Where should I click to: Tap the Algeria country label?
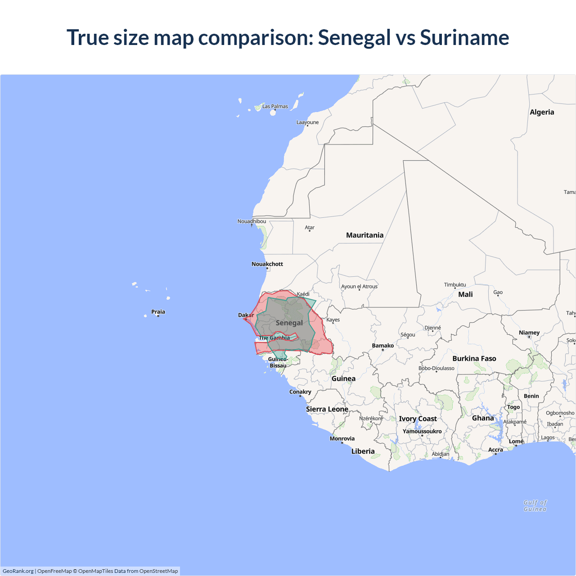coord(542,112)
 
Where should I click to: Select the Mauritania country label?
coord(364,235)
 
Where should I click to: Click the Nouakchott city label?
coord(267,264)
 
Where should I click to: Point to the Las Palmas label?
coord(275,107)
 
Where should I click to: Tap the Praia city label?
coord(158,312)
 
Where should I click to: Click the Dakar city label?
coord(246,315)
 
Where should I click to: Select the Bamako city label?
coord(382,346)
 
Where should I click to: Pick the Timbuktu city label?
coord(455,285)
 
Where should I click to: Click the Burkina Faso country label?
coord(474,359)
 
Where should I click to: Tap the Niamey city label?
coord(529,333)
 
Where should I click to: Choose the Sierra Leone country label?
coord(327,409)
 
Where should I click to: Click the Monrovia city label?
coord(342,439)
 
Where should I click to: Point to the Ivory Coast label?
coord(418,419)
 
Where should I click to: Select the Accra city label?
coord(495,450)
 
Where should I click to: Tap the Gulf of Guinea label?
coord(535,506)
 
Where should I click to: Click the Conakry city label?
coord(300,392)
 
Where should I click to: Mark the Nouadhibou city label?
coord(252,221)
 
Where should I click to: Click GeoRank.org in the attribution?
coord(18,571)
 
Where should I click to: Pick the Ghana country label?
coord(483,418)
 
